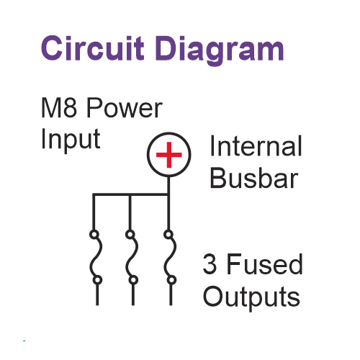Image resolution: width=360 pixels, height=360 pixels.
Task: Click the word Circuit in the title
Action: pyautogui.click(x=93, y=48)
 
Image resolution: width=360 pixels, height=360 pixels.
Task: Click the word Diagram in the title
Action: pyautogui.click(x=220, y=50)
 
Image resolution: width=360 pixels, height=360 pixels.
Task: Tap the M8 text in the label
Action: pyautogui.click(x=59, y=107)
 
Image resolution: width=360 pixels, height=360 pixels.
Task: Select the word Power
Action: pyautogui.click(x=125, y=107)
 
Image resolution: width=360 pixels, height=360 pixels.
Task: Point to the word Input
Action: pyautogui.click(x=71, y=140)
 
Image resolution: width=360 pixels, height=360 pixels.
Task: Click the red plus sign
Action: pyautogui.click(x=169, y=155)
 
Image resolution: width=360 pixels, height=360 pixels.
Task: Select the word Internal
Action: pyautogui.click(x=256, y=145)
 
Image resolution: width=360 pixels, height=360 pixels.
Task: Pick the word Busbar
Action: pyautogui.click(x=254, y=178)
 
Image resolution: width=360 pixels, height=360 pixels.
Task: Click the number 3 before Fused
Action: pyautogui.click(x=210, y=264)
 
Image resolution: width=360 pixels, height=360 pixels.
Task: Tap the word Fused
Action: pyautogui.click(x=264, y=264)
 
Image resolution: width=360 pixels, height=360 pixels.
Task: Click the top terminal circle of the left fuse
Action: pyautogui.click(x=94, y=234)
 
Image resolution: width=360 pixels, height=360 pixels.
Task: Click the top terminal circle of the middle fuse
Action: pyautogui.click(x=130, y=234)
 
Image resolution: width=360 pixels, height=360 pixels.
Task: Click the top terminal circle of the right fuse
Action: pyautogui.click(x=168, y=234)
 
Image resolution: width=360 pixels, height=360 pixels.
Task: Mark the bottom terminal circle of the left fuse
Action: pyautogui.click(x=97, y=280)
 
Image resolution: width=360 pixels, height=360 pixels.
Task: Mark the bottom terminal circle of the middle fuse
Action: pyautogui.click(x=133, y=280)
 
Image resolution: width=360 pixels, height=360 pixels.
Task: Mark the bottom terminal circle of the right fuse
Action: pyautogui.click(x=171, y=280)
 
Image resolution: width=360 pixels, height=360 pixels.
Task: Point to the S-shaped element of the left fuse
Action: pyautogui.click(x=96, y=257)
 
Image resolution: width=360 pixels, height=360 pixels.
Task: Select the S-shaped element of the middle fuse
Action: pyautogui.click(x=132, y=257)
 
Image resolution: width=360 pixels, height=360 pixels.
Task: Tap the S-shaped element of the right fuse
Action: pyautogui.click(x=170, y=257)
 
